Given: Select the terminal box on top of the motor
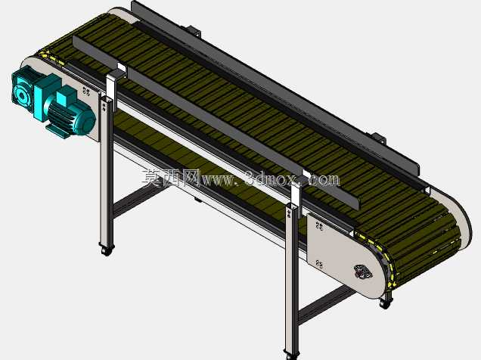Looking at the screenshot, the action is [x=65, y=95].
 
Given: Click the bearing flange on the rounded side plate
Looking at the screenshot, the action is [x=363, y=272].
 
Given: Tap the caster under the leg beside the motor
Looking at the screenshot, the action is [x=106, y=250].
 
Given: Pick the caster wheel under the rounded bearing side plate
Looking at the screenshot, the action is [x=386, y=303].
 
